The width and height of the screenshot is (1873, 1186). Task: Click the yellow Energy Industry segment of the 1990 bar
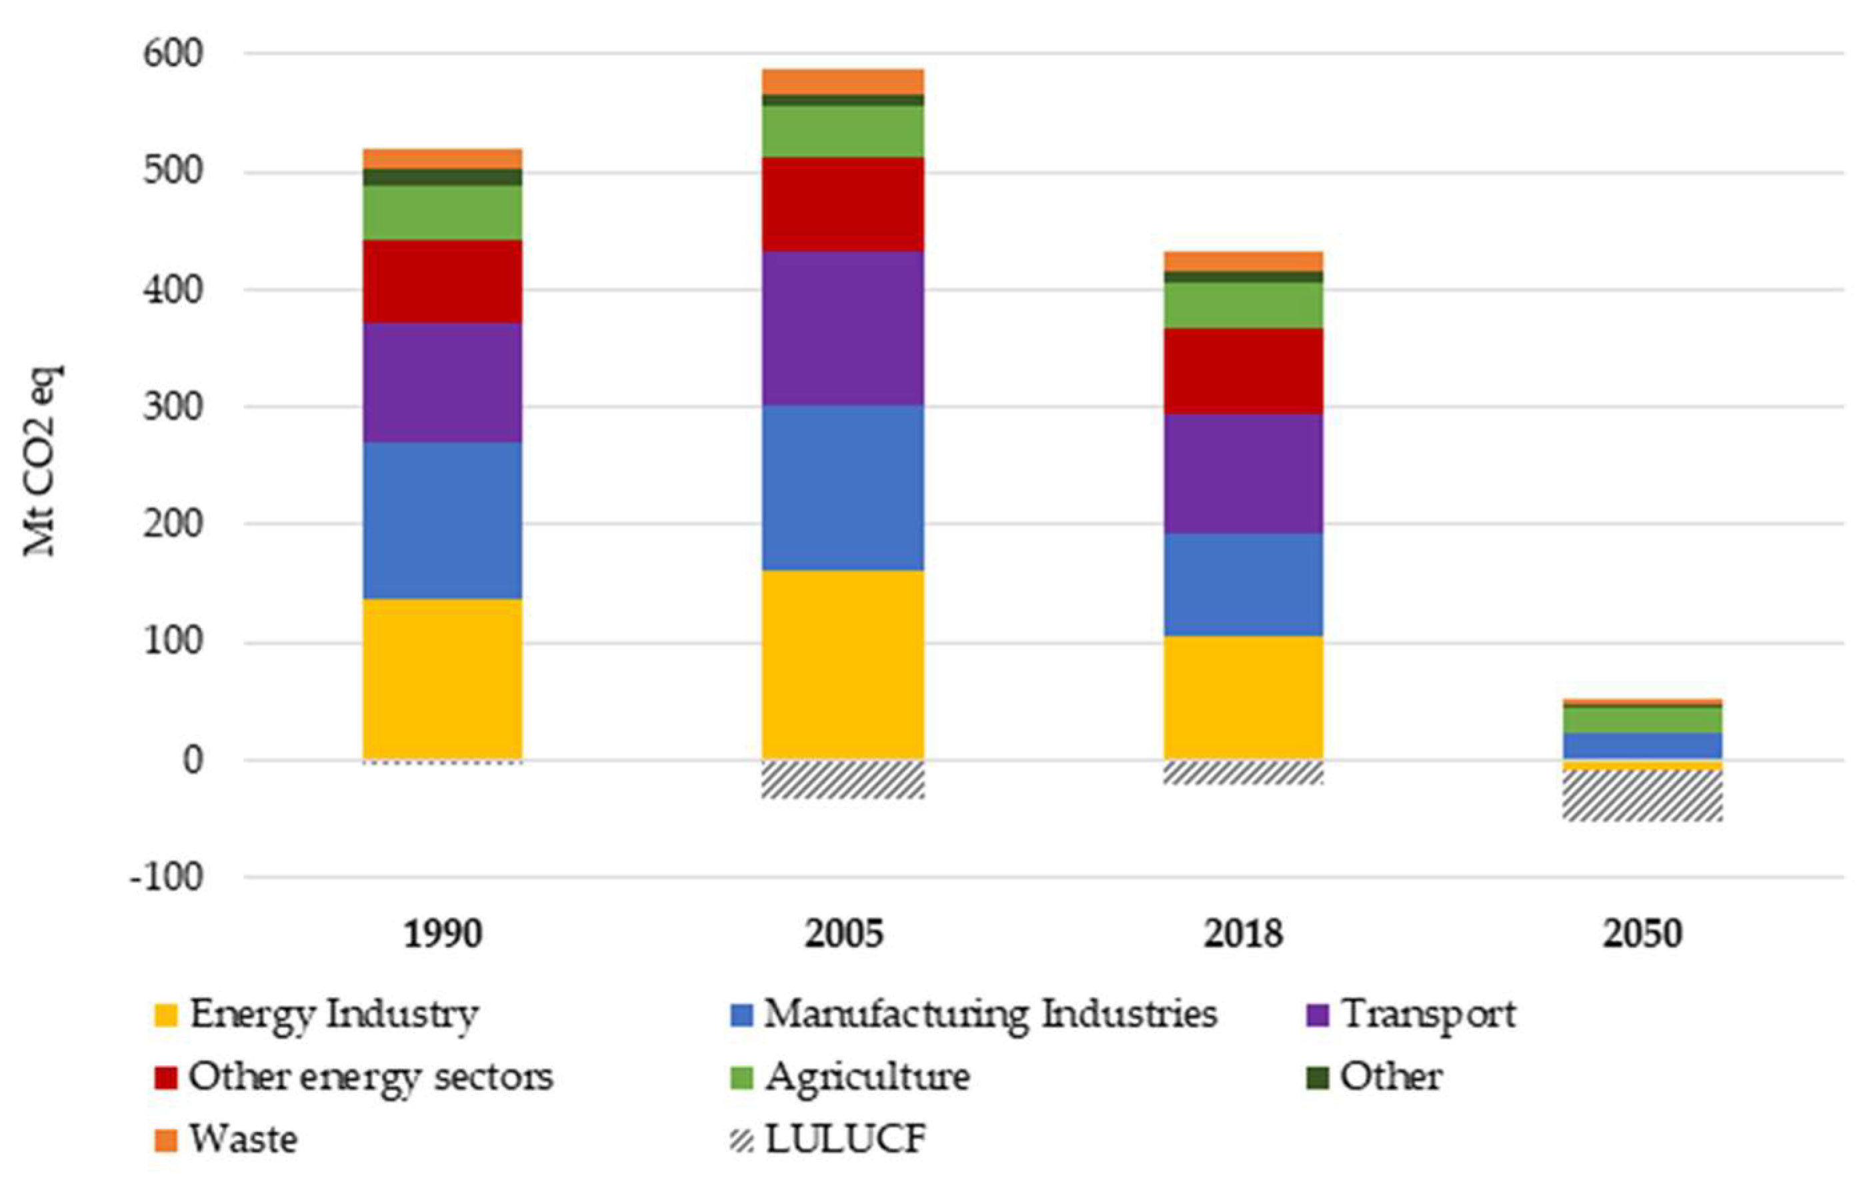click(442, 678)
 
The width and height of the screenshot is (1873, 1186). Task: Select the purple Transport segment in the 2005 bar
click(842, 328)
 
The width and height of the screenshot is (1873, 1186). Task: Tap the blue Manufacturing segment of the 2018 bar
click(1243, 585)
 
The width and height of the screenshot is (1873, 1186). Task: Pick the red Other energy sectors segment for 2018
click(1243, 371)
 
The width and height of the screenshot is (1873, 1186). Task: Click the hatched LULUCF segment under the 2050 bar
click(1643, 795)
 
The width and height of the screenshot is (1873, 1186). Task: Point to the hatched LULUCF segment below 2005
click(842, 779)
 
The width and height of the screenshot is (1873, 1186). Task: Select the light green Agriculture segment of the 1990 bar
click(442, 212)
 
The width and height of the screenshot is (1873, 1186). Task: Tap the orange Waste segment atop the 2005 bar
click(842, 81)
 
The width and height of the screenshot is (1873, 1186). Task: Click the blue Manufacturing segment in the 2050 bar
click(1643, 745)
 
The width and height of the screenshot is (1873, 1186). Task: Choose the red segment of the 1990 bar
click(442, 281)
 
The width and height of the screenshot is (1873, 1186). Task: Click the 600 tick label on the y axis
click(173, 55)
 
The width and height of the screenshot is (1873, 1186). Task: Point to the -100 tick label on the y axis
click(165, 878)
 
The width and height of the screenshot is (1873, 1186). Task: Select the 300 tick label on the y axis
click(173, 407)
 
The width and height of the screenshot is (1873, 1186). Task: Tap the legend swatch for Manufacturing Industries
click(743, 1015)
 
